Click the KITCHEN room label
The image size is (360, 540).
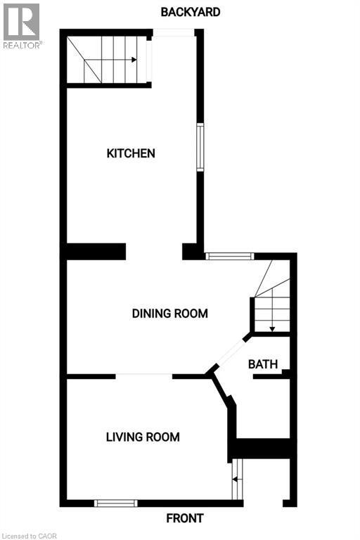(131, 153)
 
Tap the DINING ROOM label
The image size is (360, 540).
(170, 314)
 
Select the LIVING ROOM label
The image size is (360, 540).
(143, 437)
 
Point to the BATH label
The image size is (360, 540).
(263, 364)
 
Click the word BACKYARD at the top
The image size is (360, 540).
(191, 12)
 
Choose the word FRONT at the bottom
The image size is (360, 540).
(185, 518)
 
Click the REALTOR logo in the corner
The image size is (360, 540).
(22, 25)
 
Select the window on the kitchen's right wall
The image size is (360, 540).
(200, 147)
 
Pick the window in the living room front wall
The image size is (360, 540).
(115, 503)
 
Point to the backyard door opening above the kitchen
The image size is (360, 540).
(174, 32)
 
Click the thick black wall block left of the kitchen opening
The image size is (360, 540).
(96, 251)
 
